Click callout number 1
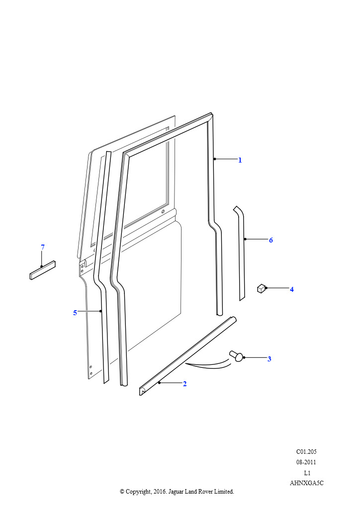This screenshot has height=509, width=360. (240, 160)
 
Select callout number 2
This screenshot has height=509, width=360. (184, 384)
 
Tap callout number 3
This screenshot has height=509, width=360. (269, 359)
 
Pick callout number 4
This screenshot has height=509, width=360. (291, 289)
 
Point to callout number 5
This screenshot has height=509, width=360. (75, 313)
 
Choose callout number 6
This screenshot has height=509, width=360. (270, 240)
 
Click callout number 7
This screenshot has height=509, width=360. (43, 247)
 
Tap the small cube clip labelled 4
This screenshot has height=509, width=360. (262, 288)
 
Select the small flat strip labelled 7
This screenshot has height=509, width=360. (43, 270)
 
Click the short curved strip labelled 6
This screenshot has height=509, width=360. (241, 253)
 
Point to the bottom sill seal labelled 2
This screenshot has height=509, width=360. (187, 356)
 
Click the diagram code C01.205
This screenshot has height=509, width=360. (306, 451)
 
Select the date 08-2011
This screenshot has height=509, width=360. (306, 462)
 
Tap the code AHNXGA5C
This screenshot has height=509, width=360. (306, 483)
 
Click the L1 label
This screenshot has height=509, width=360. (307, 473)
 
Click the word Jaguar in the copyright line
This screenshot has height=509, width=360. (176, 492)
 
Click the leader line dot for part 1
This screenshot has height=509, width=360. (215, 159)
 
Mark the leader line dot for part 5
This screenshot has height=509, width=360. (100, 311)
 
